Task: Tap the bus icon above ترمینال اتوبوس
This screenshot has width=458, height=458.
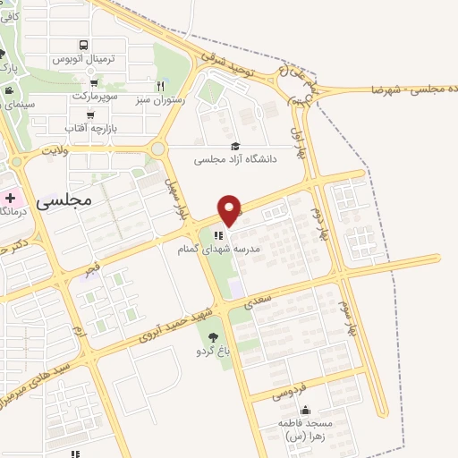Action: pos(83,45)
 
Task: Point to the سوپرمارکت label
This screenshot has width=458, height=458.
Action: pos(91,94)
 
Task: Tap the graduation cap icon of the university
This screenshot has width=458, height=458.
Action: pos(234,147)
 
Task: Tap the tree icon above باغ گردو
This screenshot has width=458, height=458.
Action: pos(212,337)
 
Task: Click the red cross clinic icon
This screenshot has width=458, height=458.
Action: pos(9,197)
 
